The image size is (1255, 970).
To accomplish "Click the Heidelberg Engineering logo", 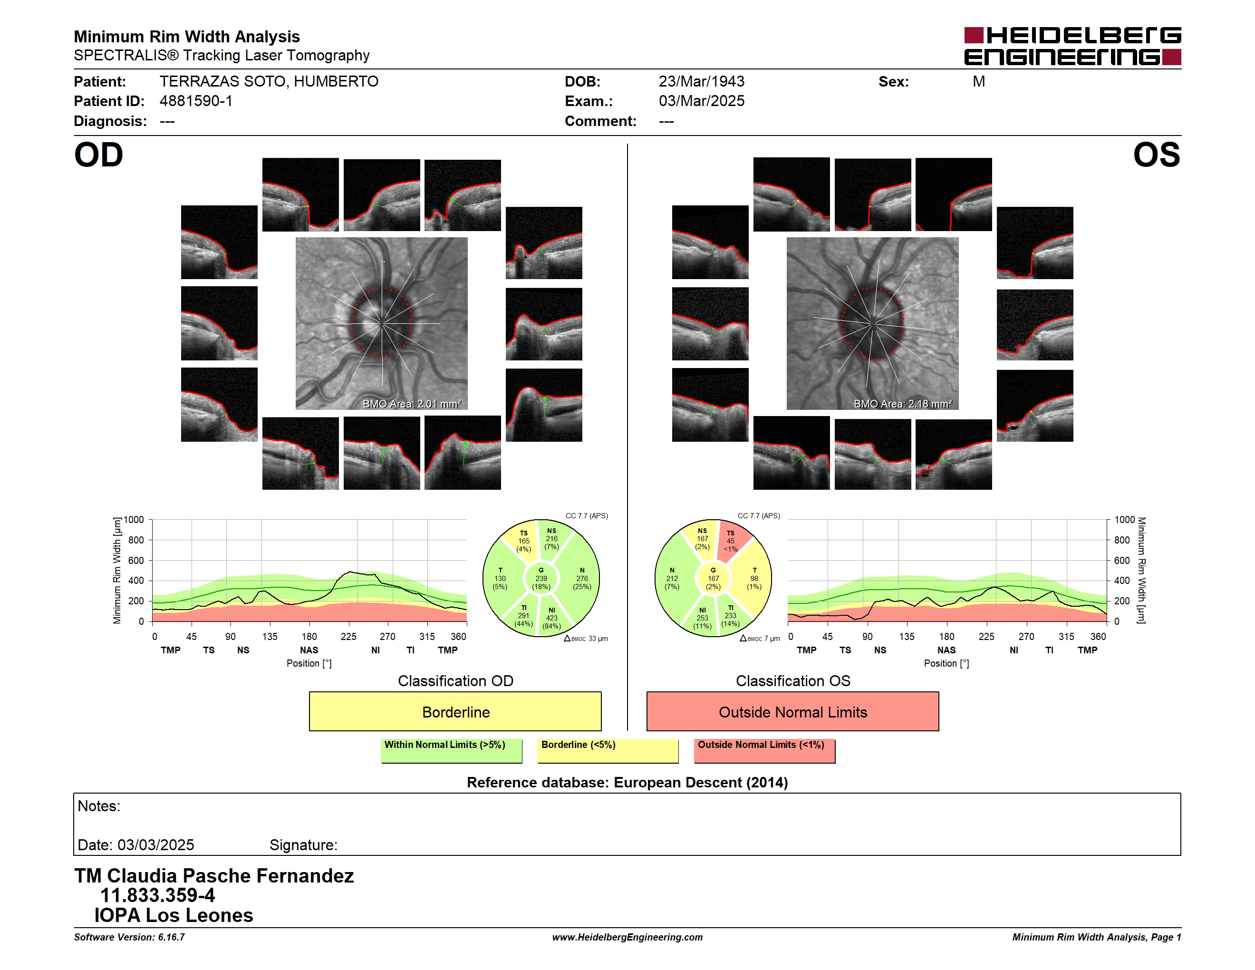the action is pyautogui.click(x=1072, y=46).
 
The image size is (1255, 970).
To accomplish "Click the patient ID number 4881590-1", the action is pyautogui.click(x=196, y=101).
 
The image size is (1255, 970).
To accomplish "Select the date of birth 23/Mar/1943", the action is pyautogui.click(x=701, y=82).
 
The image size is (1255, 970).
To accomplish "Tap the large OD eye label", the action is pyautogui.click(x=99, y=155).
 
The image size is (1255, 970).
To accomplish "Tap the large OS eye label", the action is pyautogui.click(x=1156, y=155).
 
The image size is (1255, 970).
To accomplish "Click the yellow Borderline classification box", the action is pyautogui.click(x=455, y=711).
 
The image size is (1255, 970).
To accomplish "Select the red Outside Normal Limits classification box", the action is pyautogui.click(x=792, y=711).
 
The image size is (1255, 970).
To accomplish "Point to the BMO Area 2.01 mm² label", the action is pyautogui.click(x=411, y=404).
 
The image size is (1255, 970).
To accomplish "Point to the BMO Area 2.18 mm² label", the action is pyautogui.click(x=902, y=404).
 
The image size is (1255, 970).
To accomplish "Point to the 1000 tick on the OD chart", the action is pyautogui.click(x=134, y=520).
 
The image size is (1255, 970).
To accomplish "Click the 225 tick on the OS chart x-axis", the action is pyautogui.click(x=986, y=637).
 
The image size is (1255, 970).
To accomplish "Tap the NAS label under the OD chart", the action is pyautogui.click(x=309, y=650).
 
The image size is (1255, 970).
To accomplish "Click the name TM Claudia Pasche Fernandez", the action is pyautogui.click(x=214, y=876).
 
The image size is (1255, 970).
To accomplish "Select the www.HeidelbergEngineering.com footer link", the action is pyautogui.click(x=627, y=937).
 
